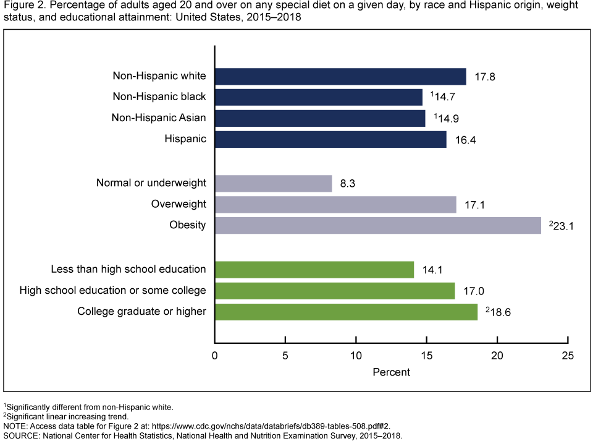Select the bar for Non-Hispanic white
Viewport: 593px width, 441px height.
pos(340,76)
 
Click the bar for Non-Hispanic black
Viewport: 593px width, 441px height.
pos(318,97)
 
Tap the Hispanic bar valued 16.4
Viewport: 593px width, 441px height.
pos(330,139)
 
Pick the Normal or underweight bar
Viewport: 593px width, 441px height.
pos(273,184)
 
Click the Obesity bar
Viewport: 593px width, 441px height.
pos(377,225)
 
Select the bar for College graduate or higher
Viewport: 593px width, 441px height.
pos(346,312)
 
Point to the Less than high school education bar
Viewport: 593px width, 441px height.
pos(314,270)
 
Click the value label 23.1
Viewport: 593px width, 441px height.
pos(563,226)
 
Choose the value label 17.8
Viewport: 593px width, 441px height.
pos(486,77)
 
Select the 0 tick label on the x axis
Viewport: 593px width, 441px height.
pos(214,356)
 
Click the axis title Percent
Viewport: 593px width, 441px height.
pos(391,373)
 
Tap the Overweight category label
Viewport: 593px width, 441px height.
pos(179,204)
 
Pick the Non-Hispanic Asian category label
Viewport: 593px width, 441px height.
pos(159,118)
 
